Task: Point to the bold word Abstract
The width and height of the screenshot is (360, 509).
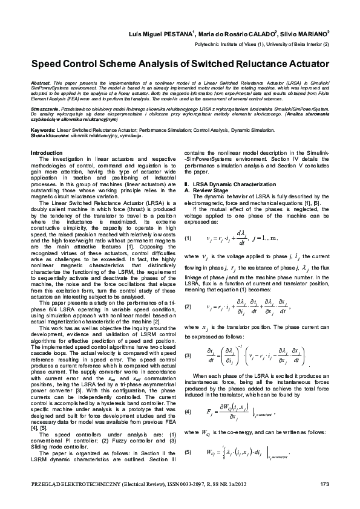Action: tap(40, 81)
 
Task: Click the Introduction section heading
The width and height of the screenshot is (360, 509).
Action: tap(47, 154)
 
